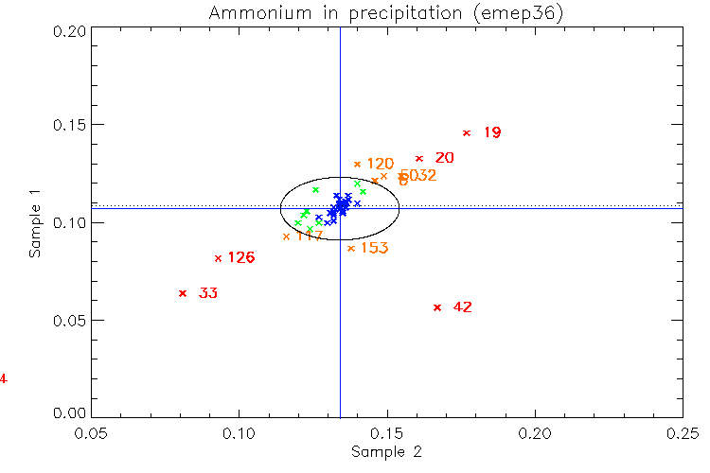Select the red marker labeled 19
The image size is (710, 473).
coord(467,133)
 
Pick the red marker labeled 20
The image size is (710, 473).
coord(419,159)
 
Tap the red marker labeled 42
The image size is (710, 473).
coord(437,307)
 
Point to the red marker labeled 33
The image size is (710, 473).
coord(183,293)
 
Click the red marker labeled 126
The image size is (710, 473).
coord(218,258)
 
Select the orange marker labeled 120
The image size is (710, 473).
coord(357,165)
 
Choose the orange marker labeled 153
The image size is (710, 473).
coord(351,249)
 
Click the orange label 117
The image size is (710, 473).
coord(310,236)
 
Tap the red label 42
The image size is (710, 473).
coord(463,307)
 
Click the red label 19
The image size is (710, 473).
coord(492,133)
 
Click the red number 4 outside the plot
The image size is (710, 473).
coord(4,380)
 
